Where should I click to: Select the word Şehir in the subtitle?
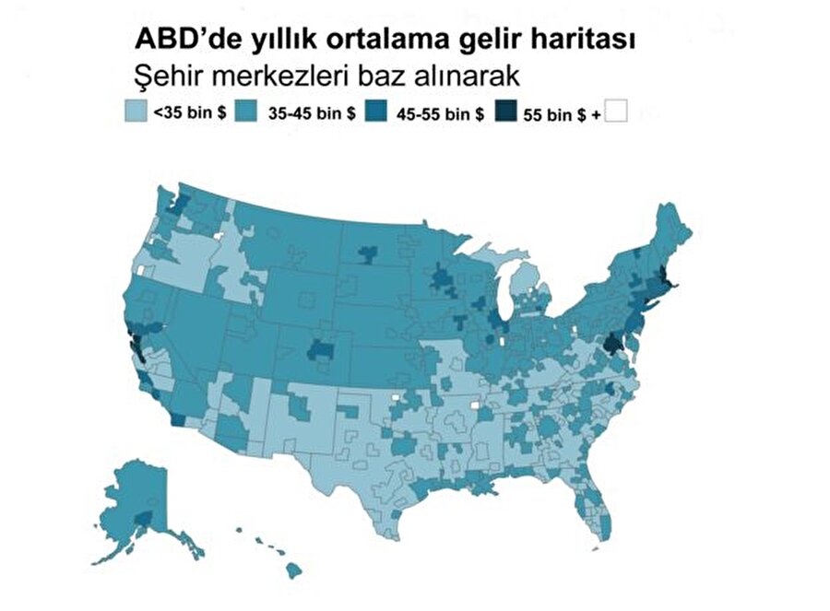click(167, 72)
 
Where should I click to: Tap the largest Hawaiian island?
click(294, 571)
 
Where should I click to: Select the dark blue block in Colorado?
click(322, 349)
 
